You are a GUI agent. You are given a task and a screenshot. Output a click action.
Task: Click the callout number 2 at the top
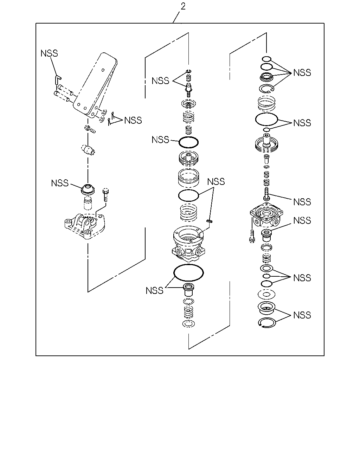pos(183,6)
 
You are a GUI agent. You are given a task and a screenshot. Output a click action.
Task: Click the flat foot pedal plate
pos(95,84)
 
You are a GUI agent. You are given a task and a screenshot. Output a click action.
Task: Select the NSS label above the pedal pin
pos(49,53)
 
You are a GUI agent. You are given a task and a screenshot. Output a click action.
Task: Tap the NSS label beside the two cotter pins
pos(133,120)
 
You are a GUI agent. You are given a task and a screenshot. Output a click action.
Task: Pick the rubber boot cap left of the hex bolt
pos(88,189)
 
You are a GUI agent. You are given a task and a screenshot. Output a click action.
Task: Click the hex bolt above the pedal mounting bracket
pos(105,194)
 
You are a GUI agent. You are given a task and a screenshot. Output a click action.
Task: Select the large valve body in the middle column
pos(188,244)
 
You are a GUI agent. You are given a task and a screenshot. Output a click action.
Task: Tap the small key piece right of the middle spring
pos(210,221)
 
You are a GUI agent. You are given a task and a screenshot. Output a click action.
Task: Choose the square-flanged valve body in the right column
pos(266,216)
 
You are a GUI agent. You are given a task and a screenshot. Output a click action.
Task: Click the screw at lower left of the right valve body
pos(252,236)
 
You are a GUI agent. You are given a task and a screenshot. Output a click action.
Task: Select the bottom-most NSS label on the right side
pos(302,315)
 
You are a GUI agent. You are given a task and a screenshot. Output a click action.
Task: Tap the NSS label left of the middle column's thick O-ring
pos(160,140)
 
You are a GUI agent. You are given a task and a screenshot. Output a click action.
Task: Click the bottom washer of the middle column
pos(188,324)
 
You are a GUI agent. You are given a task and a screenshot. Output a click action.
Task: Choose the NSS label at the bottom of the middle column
pos(154,291)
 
